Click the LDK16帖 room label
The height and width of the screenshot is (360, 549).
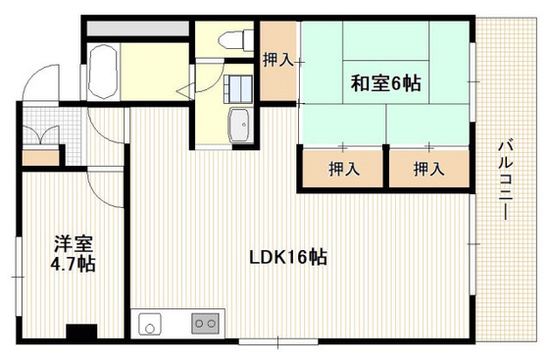tap(288, 258)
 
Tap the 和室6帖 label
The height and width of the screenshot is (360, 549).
tap(385, 83)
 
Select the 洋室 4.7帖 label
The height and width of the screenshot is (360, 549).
tap(74, 254)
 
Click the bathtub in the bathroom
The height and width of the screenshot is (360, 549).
tap(102, 73)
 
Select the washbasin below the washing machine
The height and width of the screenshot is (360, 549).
tap(240, 125)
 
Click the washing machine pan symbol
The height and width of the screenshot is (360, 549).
tap(238, 88)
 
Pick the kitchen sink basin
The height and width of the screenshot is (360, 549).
tap(150, 325)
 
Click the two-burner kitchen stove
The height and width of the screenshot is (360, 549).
tap(206, 324)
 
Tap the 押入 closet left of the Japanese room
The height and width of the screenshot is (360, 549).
tap(278, 61)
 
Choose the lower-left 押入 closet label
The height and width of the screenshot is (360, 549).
tap(344, 169)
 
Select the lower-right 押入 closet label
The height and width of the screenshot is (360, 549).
tap(429, 169)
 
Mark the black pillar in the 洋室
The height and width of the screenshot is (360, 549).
tap(81, 332)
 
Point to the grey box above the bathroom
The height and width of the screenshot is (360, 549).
tap(138, 28)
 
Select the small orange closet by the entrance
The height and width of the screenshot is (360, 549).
tap(40, 158)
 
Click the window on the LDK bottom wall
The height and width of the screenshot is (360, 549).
tap(278, 341)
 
